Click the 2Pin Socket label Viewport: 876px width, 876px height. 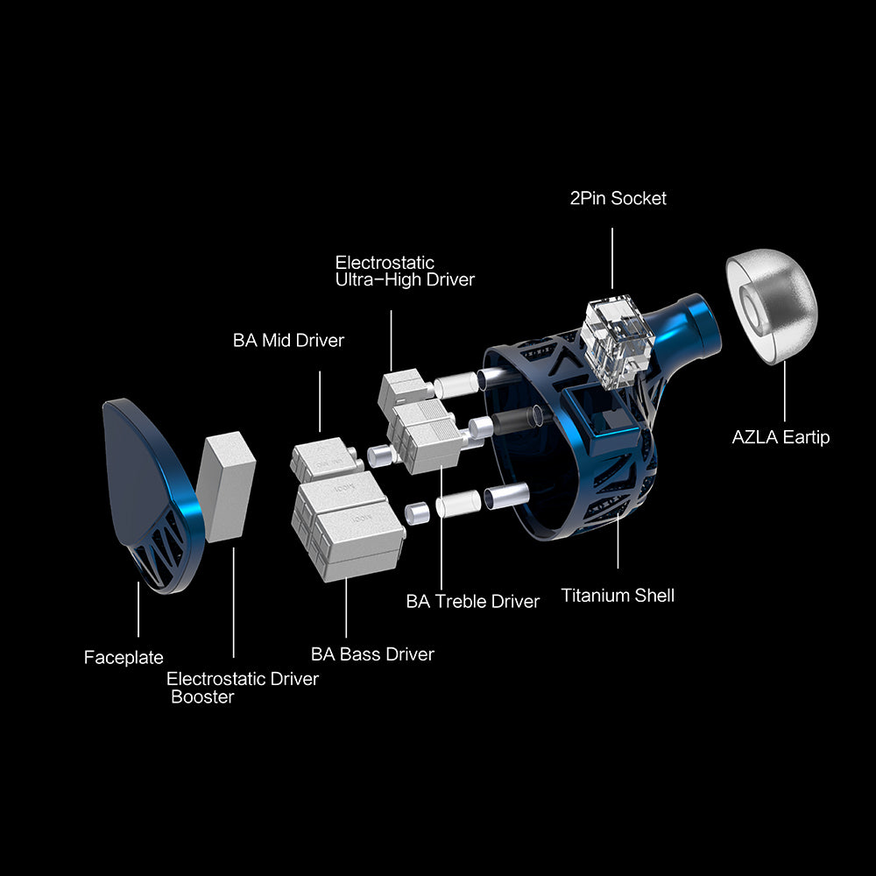(618, 198)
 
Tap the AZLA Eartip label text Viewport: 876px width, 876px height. (781, 437)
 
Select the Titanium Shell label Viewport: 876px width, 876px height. (618, 596)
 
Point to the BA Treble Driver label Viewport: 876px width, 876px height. (473, 601)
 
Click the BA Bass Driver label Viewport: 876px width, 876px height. (372, 654)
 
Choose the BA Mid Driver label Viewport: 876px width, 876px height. (288, 340)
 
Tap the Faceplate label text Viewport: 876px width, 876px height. (124, 658)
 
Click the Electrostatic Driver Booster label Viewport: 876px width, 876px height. (243, 688)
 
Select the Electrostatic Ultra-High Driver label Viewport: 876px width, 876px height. (405, 271)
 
